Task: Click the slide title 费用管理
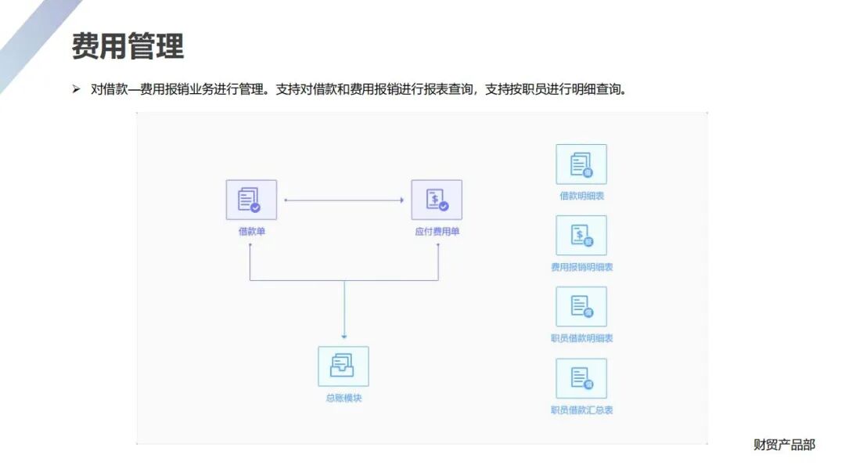(128, 46)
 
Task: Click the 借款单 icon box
(251, 200)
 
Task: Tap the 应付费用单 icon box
(437, 200)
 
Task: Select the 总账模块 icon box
(343, 366)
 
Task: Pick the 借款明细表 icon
(581, 164)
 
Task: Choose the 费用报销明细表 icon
(581, 236)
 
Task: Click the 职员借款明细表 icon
(581, 307)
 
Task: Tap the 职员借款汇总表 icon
(581, 379)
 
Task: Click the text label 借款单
(251, 232)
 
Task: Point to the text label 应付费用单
(437, 232)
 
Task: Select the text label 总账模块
(343, 398)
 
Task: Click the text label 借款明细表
(581, 196)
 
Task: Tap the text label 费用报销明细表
(581, 267)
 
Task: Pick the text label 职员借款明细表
(581, 338)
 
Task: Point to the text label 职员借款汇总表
(581, 409)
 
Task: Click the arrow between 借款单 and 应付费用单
(343, 200)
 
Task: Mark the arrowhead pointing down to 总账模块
(344, 336)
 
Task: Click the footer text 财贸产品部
(784, 445)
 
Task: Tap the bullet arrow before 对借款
(77, 89)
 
